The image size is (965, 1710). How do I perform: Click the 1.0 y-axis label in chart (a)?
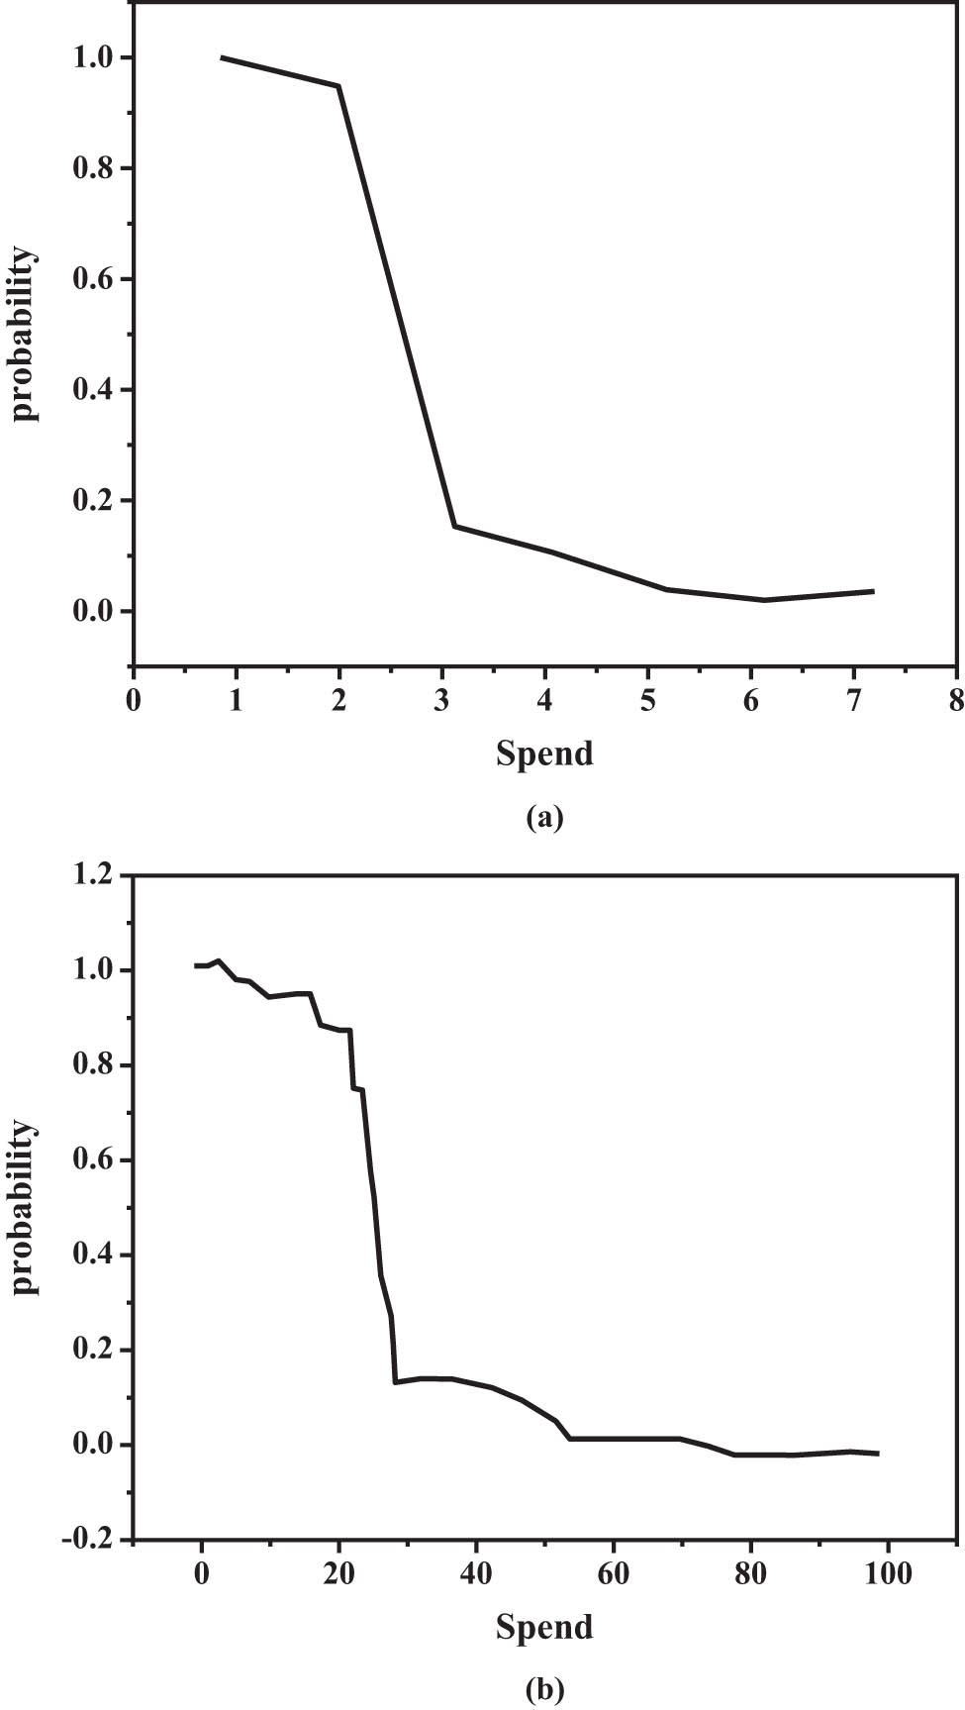[x=93, y=58]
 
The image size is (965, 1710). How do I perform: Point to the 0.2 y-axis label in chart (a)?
[x=93, y=501]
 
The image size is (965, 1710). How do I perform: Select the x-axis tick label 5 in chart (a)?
[x=647, y=701]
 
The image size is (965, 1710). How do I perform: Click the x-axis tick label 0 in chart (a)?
[x=134, y=701]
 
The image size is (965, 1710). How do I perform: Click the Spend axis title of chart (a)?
[x=544, y=754]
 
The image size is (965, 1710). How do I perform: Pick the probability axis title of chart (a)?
[x=25, y=335]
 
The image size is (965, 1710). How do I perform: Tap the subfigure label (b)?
[x=545, y=1689]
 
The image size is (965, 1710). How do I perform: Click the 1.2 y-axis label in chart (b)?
[x=93, y=876]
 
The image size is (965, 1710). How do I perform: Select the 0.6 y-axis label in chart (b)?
[x=93, y=1160]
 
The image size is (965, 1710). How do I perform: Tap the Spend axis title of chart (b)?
[x=544, y=1627]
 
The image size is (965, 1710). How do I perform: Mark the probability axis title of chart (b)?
[x=25, y=1208]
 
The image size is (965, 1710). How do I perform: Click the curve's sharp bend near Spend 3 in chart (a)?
[x=454, y=526]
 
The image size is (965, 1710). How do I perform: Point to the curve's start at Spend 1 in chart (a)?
[x=222, y=57]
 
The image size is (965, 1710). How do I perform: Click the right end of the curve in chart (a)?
[x=873, y=591]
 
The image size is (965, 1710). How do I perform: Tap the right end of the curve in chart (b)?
[x=878, y=1454]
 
